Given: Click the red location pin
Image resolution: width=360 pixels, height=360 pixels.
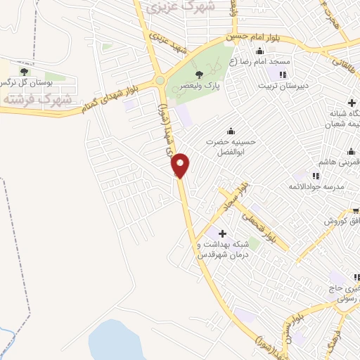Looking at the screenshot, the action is coord(181,165).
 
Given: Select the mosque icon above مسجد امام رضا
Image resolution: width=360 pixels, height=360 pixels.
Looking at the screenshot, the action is coord(260,51).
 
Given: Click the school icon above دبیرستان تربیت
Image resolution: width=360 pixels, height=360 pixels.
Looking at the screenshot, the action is coord(283,74).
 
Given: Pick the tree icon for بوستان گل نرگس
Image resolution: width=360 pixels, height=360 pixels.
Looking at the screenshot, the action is coord(25,72).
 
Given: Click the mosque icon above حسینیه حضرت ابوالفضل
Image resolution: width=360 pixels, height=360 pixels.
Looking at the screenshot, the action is coord(231,131).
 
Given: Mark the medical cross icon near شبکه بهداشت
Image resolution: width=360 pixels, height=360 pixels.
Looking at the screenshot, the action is coord(224,233).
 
